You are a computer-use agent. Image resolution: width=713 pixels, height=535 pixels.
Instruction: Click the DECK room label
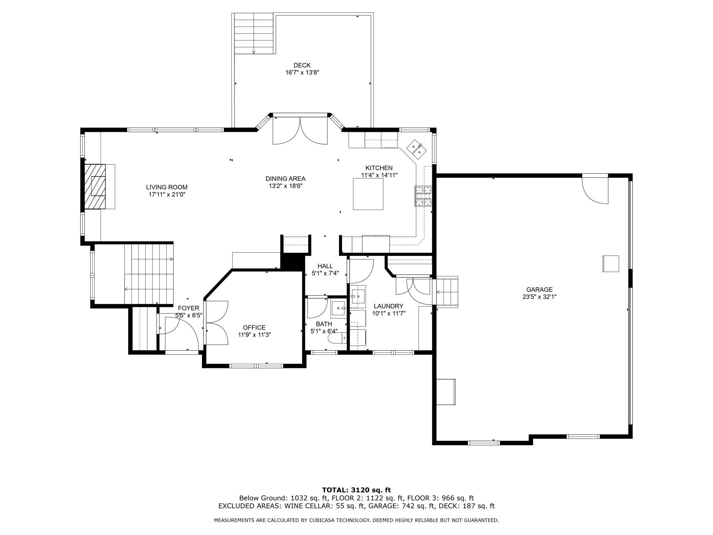tap(302, 65)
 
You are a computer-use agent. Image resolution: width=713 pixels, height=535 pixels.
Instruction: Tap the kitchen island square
tap(368, 194)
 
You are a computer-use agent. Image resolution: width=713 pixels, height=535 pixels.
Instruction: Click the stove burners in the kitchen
tap(423, 196)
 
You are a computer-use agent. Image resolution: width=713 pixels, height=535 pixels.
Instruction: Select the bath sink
tap(339, 309)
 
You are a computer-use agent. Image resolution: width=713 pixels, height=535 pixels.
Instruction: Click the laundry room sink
tap(359, 295)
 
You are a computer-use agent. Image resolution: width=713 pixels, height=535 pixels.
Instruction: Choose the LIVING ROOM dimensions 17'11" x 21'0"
tap(167, 194)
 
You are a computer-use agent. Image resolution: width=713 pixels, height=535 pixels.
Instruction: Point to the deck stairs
tap(254, 34)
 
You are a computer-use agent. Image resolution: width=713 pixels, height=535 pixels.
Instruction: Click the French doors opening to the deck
tap(300, 131)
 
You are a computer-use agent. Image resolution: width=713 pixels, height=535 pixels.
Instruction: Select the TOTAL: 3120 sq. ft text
tap(356, 490)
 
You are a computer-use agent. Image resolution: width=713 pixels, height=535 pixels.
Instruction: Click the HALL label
tap(325, 266)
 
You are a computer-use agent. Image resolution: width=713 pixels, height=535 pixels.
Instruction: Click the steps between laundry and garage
tap(447, 292)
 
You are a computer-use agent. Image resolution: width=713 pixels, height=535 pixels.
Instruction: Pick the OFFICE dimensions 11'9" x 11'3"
tap(254, 335)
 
